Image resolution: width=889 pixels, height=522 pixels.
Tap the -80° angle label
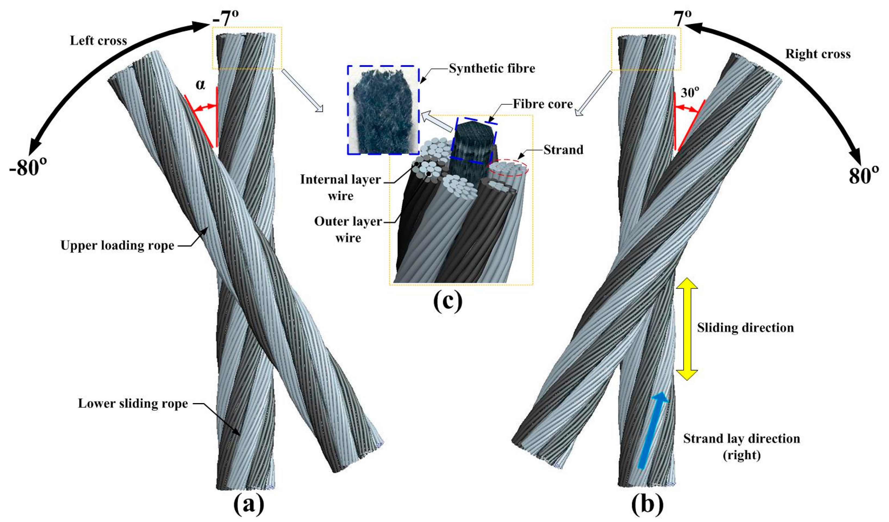point(28,167)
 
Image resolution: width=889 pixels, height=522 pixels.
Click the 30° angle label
point(689,92)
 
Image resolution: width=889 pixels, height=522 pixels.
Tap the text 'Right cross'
point(818,54)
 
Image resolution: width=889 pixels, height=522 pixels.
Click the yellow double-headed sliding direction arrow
point(686,329)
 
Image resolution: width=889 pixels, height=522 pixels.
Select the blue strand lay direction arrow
point(653,431)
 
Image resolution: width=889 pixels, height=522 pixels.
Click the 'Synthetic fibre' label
point(492,68)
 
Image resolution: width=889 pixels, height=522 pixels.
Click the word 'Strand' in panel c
point(563,150)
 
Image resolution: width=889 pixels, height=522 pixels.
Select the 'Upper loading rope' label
point(117,245)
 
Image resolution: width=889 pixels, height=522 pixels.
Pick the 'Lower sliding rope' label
point(133,403)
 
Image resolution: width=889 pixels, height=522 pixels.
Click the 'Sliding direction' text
point(745,328)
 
